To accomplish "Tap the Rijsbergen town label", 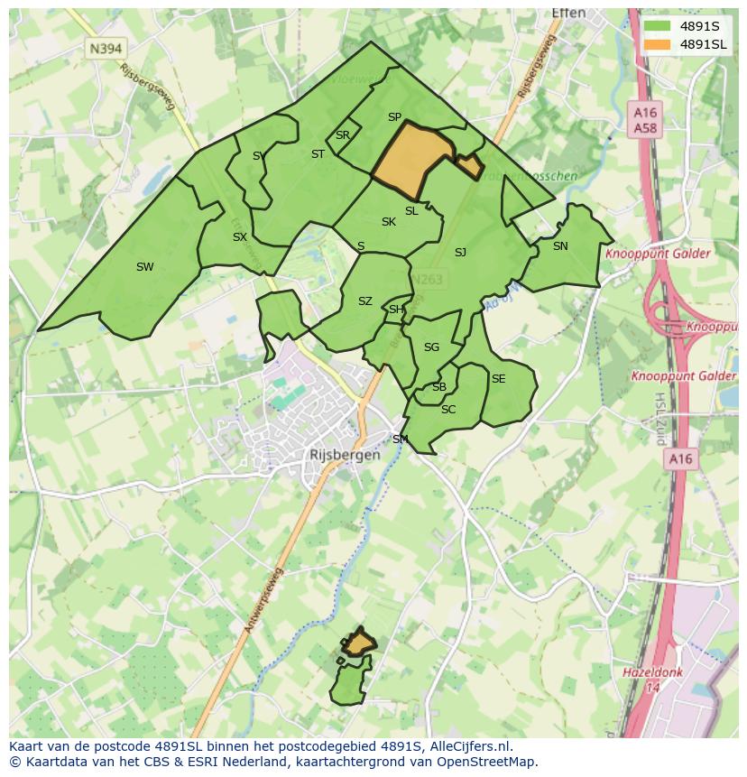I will click(x=344, y=456).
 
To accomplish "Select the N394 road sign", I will click(x=106, y=48).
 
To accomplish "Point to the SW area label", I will click(x=144, y=266).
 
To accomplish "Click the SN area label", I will click(x=560, y=245).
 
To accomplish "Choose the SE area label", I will click(x=498, y=379).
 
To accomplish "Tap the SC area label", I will click(x=448, y=410).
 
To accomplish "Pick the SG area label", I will click(x=431, y=347).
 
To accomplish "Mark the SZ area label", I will click(x=364, y=301).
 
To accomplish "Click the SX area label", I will click(x=239, y=237).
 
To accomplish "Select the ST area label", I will click(x=318, y=154).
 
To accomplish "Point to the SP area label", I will click(x=394, y=117).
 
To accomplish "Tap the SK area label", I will click(x=388, y=222).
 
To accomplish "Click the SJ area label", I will click(x=460, y=253).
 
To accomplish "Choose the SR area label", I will click(x=342, y=135).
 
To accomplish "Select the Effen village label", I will click(x=568, y=14).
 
